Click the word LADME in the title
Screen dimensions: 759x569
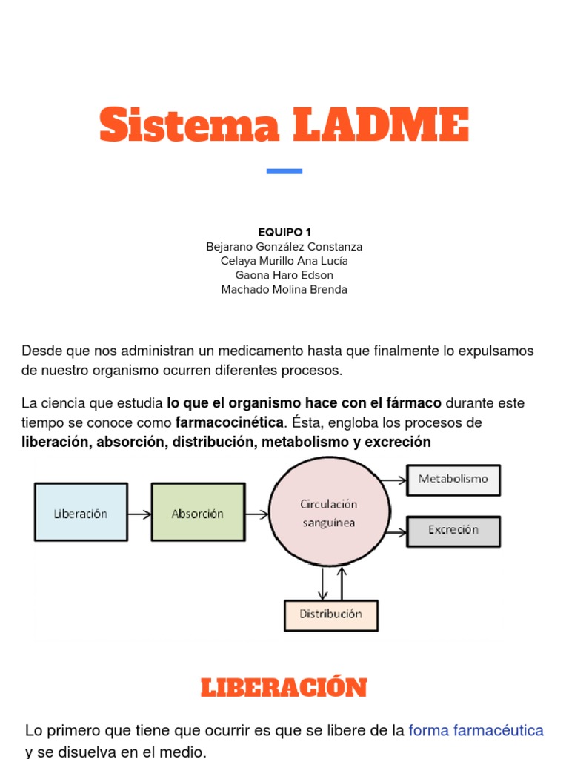[380, 125]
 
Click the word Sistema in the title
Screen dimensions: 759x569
[189, 125]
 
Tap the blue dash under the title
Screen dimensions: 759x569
[284, 171]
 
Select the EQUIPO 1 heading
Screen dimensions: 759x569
[284, 232]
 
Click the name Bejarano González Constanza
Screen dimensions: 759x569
[284, 247]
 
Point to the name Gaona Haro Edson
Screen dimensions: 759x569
[284, 275]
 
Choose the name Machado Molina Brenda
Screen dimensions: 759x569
[284, 290]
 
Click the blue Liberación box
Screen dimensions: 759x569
[81, 513]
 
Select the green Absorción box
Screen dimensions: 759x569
[198, 513]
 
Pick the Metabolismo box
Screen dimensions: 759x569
[453, 480]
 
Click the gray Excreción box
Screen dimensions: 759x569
[453, 531]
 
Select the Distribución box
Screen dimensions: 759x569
[330, 614]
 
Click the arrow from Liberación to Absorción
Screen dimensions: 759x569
[139, 513]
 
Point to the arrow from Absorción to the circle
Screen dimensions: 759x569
[256, 513]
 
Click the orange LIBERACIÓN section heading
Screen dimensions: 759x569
[284, 688]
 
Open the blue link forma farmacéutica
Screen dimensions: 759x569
[476, 731]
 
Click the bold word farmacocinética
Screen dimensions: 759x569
[230, 423]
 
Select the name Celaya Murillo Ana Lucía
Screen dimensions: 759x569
[284, 261]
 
